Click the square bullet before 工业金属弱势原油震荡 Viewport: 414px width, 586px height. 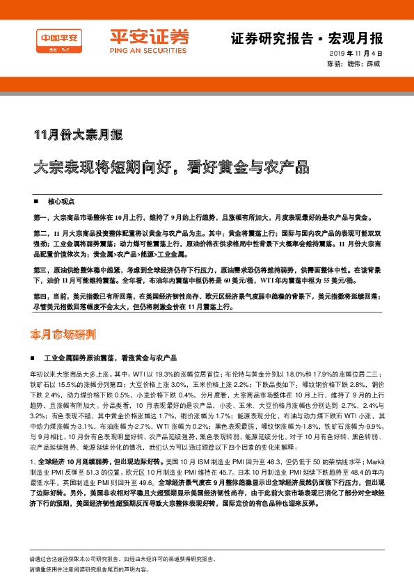pyautogui.click(x=35, y=357)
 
